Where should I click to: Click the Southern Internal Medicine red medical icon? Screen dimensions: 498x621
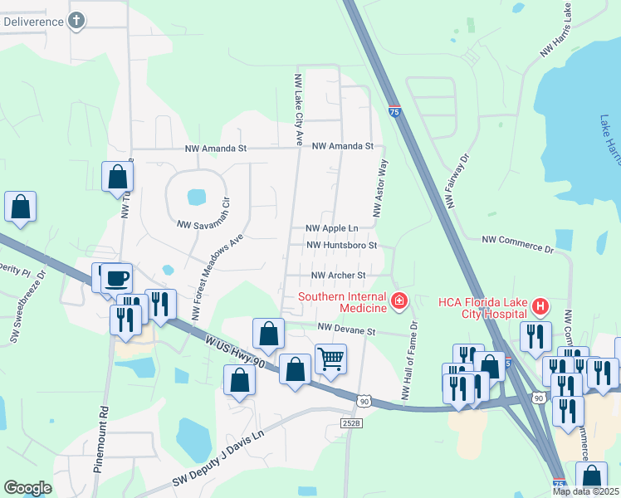pos(399,300)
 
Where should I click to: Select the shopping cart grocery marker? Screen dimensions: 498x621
pos(330,359)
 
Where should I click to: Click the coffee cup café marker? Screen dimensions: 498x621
pos(117,277)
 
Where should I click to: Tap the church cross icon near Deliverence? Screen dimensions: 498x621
pos(76,21)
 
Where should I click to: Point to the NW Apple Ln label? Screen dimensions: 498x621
pos(331,228)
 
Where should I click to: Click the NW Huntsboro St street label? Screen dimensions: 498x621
pos(341,246)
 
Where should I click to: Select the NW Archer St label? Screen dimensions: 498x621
pos(338,276)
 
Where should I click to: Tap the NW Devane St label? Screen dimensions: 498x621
pos(346,330)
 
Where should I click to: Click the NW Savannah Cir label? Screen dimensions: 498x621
pos(207,224)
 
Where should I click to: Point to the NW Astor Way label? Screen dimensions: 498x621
pos(381,190)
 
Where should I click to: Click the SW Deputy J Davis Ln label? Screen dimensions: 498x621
pos(218,457)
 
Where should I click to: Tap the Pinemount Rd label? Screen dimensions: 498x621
pos(102,439)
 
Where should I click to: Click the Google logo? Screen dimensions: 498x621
pos(27,488)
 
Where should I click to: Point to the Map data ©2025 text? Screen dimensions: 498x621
pos(586,491)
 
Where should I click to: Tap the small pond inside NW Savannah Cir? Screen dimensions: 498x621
pos(197,197)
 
